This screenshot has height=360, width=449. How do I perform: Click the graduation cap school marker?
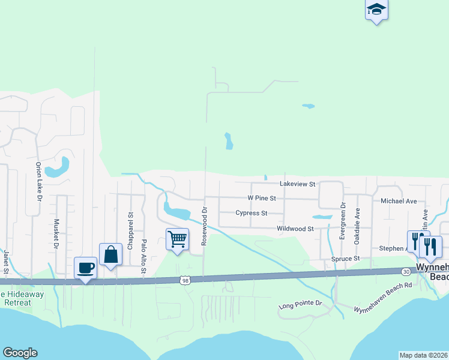coord(376,10)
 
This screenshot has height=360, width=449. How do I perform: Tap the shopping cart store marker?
coord(178,239)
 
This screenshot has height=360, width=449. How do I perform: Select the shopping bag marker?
coord(111,254)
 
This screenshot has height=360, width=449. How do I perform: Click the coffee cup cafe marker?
coord(86,268)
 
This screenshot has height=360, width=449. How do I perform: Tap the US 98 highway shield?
coord(185,280)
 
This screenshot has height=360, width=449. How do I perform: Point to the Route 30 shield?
coord(406,272)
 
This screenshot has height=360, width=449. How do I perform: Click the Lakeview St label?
coord(297,184)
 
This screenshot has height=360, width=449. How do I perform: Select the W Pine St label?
coord(262,198)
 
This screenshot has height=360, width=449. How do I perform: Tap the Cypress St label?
coord(252,213)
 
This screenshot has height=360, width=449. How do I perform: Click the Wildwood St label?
coord(295,229)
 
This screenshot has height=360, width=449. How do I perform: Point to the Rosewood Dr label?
coord(204,226)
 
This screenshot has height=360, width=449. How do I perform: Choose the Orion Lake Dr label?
coord(38,181)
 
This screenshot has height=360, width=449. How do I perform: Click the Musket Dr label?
coord(56,233)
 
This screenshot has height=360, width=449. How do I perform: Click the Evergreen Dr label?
coord(343,220)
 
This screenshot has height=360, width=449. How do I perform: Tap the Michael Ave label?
coord(399,201)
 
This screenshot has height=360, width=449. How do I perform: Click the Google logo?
coord(20,353)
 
